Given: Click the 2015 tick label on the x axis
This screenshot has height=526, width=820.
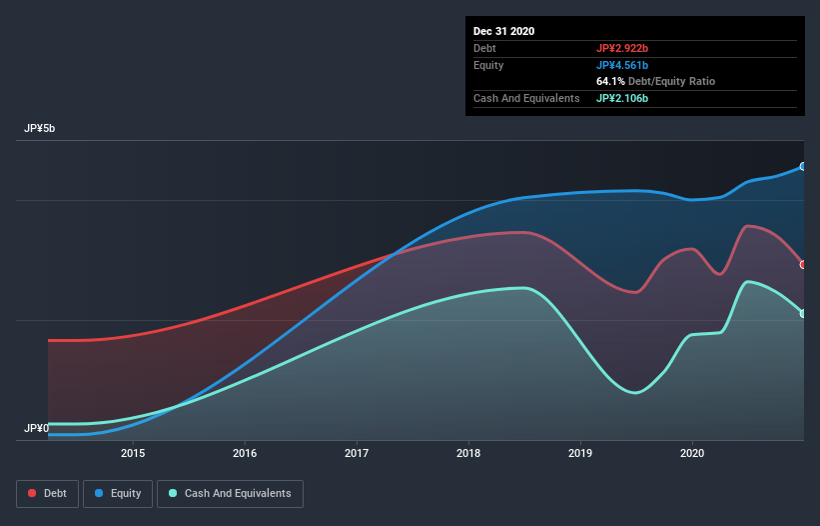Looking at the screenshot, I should click(133, 453).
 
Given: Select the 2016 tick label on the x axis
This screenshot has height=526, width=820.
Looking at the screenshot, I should click(245, 453).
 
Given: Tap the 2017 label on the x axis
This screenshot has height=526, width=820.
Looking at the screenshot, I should click(357, 453).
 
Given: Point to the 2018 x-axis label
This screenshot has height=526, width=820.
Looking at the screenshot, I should click(467, 453).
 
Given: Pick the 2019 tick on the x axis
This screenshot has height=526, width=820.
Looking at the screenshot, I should click(579, 453).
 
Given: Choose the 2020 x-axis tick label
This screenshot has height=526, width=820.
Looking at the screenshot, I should click(691, 453).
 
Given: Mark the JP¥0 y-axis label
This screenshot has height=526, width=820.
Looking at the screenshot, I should click(37, 428).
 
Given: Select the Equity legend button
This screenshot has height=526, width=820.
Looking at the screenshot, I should click(118, 493).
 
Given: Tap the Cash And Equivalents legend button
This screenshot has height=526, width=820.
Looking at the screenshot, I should click(230, 493).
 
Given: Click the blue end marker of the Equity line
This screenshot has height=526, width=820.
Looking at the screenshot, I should click(802, 167).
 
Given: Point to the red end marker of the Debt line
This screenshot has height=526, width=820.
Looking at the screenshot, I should click(802, 265).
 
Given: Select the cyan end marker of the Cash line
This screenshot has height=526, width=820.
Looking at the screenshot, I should click(802, 314).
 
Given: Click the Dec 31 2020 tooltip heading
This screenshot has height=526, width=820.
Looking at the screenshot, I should click(503, 31).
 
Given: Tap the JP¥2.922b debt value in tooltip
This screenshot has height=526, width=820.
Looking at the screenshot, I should click(623, 48).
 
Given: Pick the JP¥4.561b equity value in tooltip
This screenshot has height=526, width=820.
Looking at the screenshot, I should click(623, 65).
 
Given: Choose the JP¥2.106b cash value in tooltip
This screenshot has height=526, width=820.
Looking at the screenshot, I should click(623, 98).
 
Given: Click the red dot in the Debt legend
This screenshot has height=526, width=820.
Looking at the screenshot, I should click(32, 493).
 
